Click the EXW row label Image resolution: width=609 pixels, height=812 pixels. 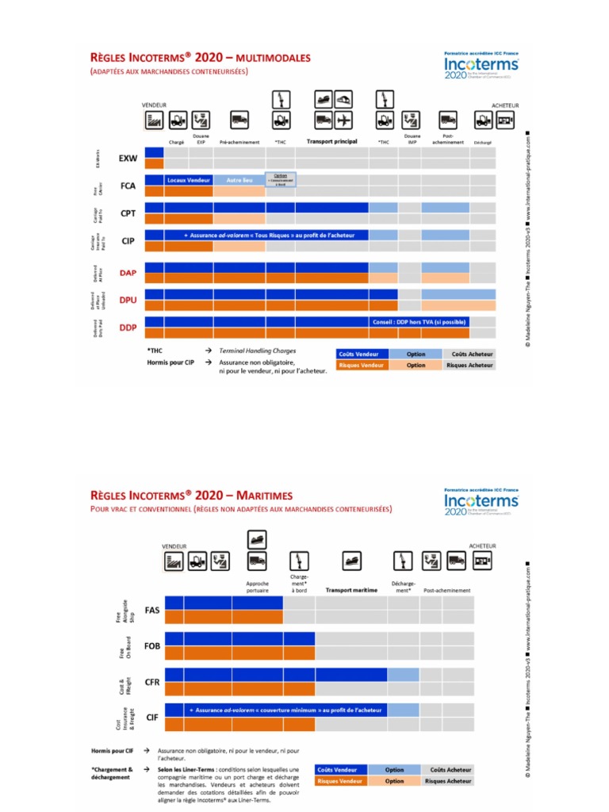tap(128, 158)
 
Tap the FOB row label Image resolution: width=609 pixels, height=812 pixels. tap(152, 646)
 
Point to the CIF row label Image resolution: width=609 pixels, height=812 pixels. tap(152, 716)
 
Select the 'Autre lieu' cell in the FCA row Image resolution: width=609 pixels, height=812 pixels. tap(239, 180)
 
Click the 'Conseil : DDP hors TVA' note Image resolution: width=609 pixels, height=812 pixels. tap(419, 322)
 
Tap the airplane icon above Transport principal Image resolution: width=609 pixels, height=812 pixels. tap(343, 121)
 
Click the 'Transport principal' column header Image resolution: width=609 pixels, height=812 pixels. tap(331, 141)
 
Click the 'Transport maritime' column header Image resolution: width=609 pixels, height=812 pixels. tap(350, 591)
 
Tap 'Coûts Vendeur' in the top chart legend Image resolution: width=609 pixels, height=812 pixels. tap(358, 354)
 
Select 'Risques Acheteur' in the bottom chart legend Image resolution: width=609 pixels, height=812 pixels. tap(447, 781)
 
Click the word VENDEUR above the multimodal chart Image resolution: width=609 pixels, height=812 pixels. tap(155, 105)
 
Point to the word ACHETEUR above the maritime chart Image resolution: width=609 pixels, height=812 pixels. tap(482, 546)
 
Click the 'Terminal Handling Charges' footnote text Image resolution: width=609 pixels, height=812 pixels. tap(253, 350)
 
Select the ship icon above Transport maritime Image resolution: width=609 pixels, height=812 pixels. tap(350, 561)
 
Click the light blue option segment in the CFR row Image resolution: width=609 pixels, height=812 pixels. tap(403, 674)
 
